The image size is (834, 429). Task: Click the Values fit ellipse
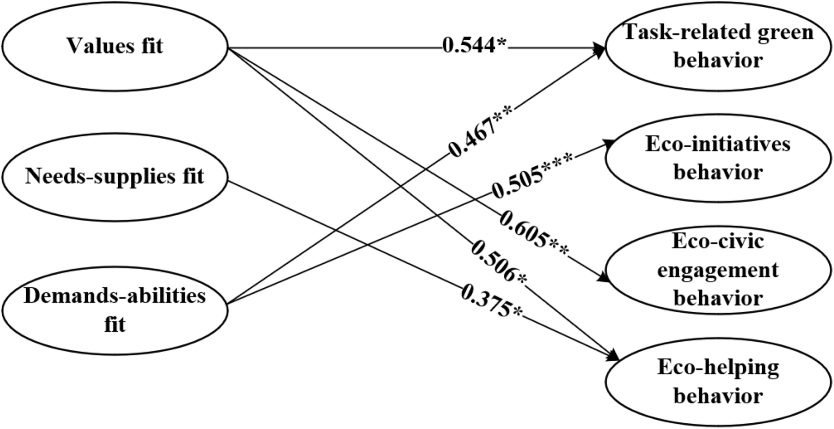[x=114, y=47]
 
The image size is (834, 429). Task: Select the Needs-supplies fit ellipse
[x=114, y=177]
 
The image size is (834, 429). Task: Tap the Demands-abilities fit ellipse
[x=114, y=310]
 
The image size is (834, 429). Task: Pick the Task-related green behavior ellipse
[x=718, y=47]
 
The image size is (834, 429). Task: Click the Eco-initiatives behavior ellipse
[x=718, y=158]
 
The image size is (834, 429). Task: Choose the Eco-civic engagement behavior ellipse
[x=718, y=270]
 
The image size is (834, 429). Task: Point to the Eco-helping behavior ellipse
[x=718, y=382]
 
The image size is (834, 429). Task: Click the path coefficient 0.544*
[x=474, y=46]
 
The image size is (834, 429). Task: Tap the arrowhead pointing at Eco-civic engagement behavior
[x=604, y=278]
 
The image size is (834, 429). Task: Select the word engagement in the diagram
[x=718, y=270]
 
